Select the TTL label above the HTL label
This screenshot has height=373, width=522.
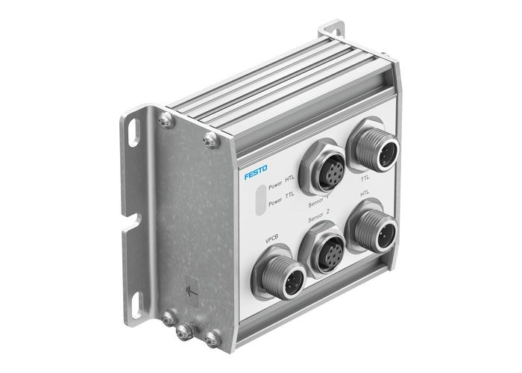click(365, 178)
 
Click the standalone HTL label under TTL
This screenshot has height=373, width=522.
click(365, 192)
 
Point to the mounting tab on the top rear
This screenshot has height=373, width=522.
click(332, 34)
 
